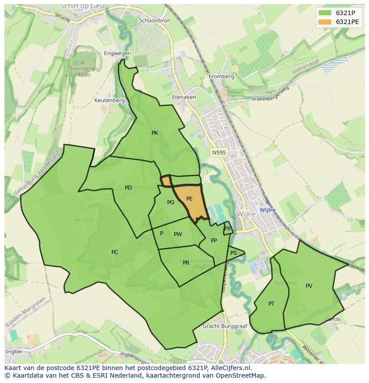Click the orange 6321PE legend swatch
pos(325,22)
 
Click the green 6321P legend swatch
pos(325,12)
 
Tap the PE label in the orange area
pos(189,199)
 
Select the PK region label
pos(155,133)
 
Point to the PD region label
pos(128,188)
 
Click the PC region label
pos(115,252)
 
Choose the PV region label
pos(309,286)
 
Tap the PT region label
pos(271,304)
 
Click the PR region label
pos(186,263)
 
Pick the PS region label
pos(234,253)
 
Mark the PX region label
pos(227,229)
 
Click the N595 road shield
pos(219,153)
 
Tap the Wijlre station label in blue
pos(267,210)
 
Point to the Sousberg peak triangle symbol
pos(82,62)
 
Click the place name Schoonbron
pos(154,21)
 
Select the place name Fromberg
pos(221,77)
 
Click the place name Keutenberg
pos(109,101)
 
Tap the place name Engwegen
pos(117,53)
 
